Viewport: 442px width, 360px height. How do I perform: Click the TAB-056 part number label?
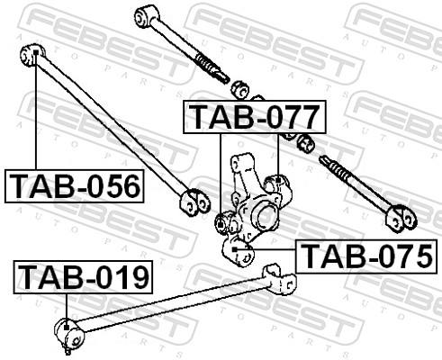click(x=75, y=186)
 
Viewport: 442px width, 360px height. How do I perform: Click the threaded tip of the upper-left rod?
click(x=217, y=71)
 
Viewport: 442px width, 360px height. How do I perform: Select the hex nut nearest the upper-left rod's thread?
click(x=240, y=88)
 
